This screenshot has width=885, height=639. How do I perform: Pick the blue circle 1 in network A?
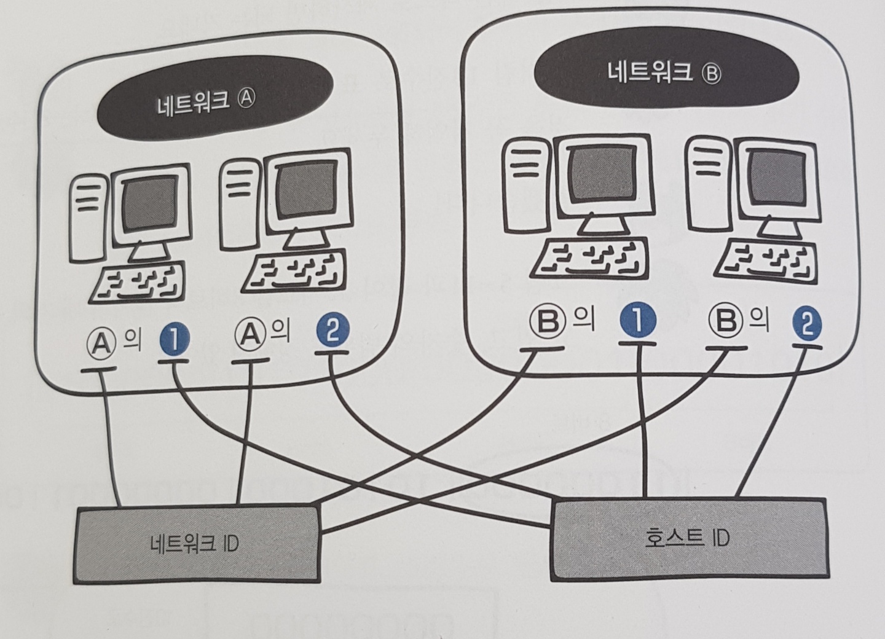click(173, 340)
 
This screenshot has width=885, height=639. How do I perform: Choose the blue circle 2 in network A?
click(332, 332)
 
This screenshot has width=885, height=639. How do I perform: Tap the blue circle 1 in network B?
click(637, 321)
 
